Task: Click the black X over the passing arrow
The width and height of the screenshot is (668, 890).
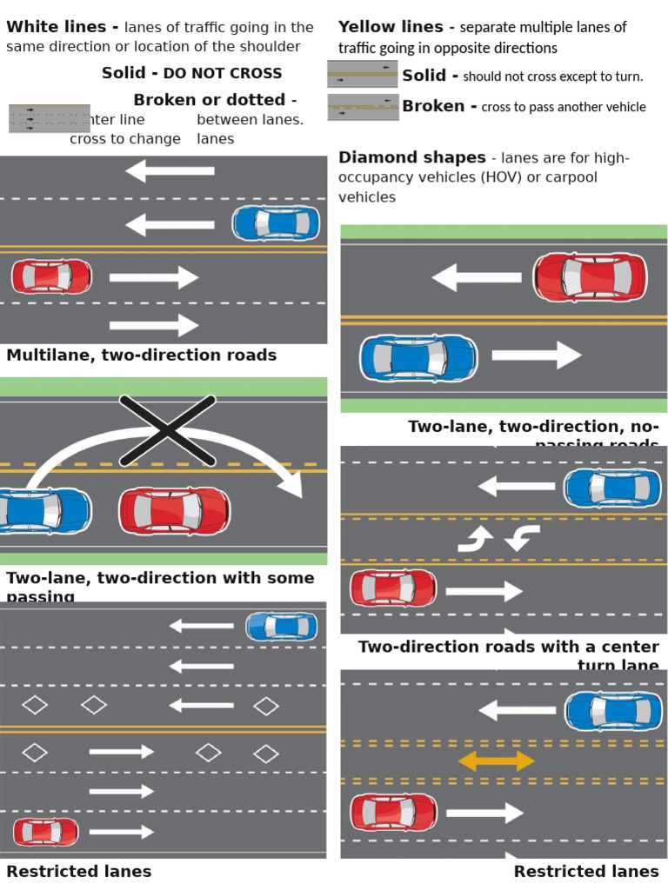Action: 167,429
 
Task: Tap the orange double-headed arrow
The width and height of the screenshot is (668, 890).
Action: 497,761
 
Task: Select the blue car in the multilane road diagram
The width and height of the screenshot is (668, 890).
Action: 276,223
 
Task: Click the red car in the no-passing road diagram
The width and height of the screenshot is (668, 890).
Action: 590,277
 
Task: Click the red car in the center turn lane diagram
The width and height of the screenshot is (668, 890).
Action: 393,588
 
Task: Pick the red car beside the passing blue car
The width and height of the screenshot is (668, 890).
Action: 174,510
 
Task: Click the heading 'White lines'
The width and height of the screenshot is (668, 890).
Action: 56,27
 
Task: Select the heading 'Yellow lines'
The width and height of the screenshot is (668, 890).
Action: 391,27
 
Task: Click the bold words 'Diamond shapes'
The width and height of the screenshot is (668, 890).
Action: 411,157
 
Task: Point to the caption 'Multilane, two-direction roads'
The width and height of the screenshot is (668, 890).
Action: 141,355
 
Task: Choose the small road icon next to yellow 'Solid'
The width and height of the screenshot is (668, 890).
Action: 363,75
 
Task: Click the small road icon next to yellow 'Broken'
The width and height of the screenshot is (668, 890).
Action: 363,108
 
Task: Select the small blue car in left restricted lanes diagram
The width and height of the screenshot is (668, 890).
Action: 282,626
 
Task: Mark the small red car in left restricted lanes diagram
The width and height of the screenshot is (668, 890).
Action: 45,832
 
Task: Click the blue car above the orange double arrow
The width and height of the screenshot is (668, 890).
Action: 613,711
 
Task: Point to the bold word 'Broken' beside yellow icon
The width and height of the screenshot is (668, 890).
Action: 433,106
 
